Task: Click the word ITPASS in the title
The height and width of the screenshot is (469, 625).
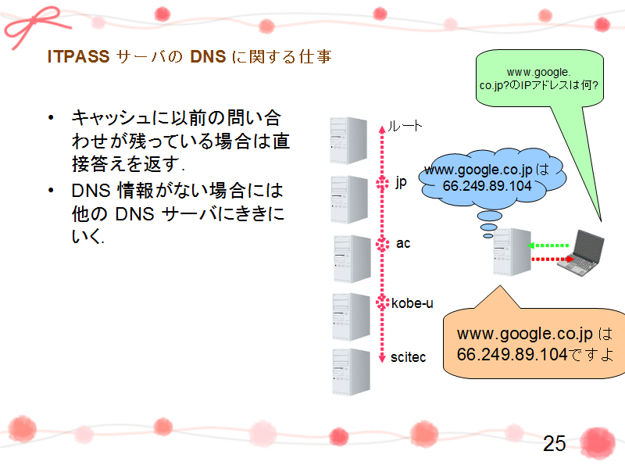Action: (78, 56)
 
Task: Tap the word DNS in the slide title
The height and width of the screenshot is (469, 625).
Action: (208, 56)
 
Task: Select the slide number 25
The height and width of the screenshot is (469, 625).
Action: (555, 443)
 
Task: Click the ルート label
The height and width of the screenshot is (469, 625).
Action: (405, 126)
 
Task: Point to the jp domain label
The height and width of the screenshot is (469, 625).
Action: (401, 183)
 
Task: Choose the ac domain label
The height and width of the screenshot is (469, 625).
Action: (403, 243)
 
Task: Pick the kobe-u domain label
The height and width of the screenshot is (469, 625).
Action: (412, 303)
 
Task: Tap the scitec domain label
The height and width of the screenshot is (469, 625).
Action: (408, 357)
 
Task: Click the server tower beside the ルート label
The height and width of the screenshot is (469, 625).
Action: (348, 141)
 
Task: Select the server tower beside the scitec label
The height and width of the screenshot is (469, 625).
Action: (351, 372)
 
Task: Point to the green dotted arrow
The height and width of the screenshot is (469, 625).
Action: (548, 245)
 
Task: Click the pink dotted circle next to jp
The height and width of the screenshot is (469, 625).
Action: (382, 183)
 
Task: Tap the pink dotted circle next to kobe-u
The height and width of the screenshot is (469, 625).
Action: (382, 303)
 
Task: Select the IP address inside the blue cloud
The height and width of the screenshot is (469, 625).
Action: (487, 186)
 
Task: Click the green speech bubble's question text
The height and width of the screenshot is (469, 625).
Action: (539, 79)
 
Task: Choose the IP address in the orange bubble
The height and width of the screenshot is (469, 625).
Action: (512, 354)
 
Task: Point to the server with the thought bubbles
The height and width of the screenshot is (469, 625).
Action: (512, 252)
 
